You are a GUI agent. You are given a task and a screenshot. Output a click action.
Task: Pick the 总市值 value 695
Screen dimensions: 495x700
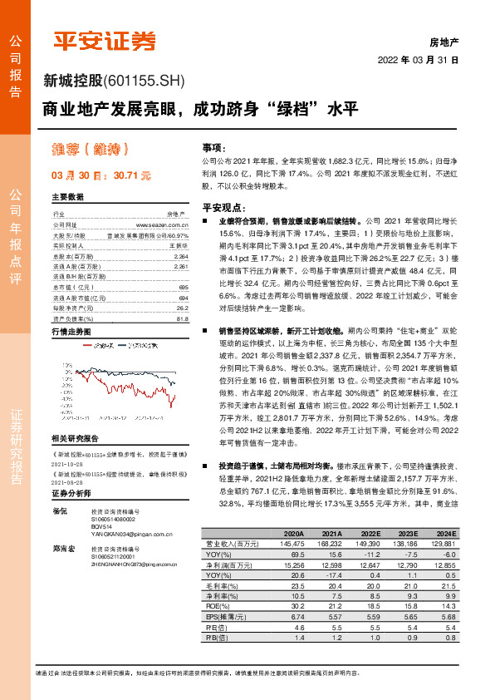tap(183, 285)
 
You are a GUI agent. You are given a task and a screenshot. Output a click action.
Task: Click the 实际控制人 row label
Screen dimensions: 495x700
tap(70, 245)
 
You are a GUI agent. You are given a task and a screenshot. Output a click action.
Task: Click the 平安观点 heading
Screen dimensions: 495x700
tap(223, 206)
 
